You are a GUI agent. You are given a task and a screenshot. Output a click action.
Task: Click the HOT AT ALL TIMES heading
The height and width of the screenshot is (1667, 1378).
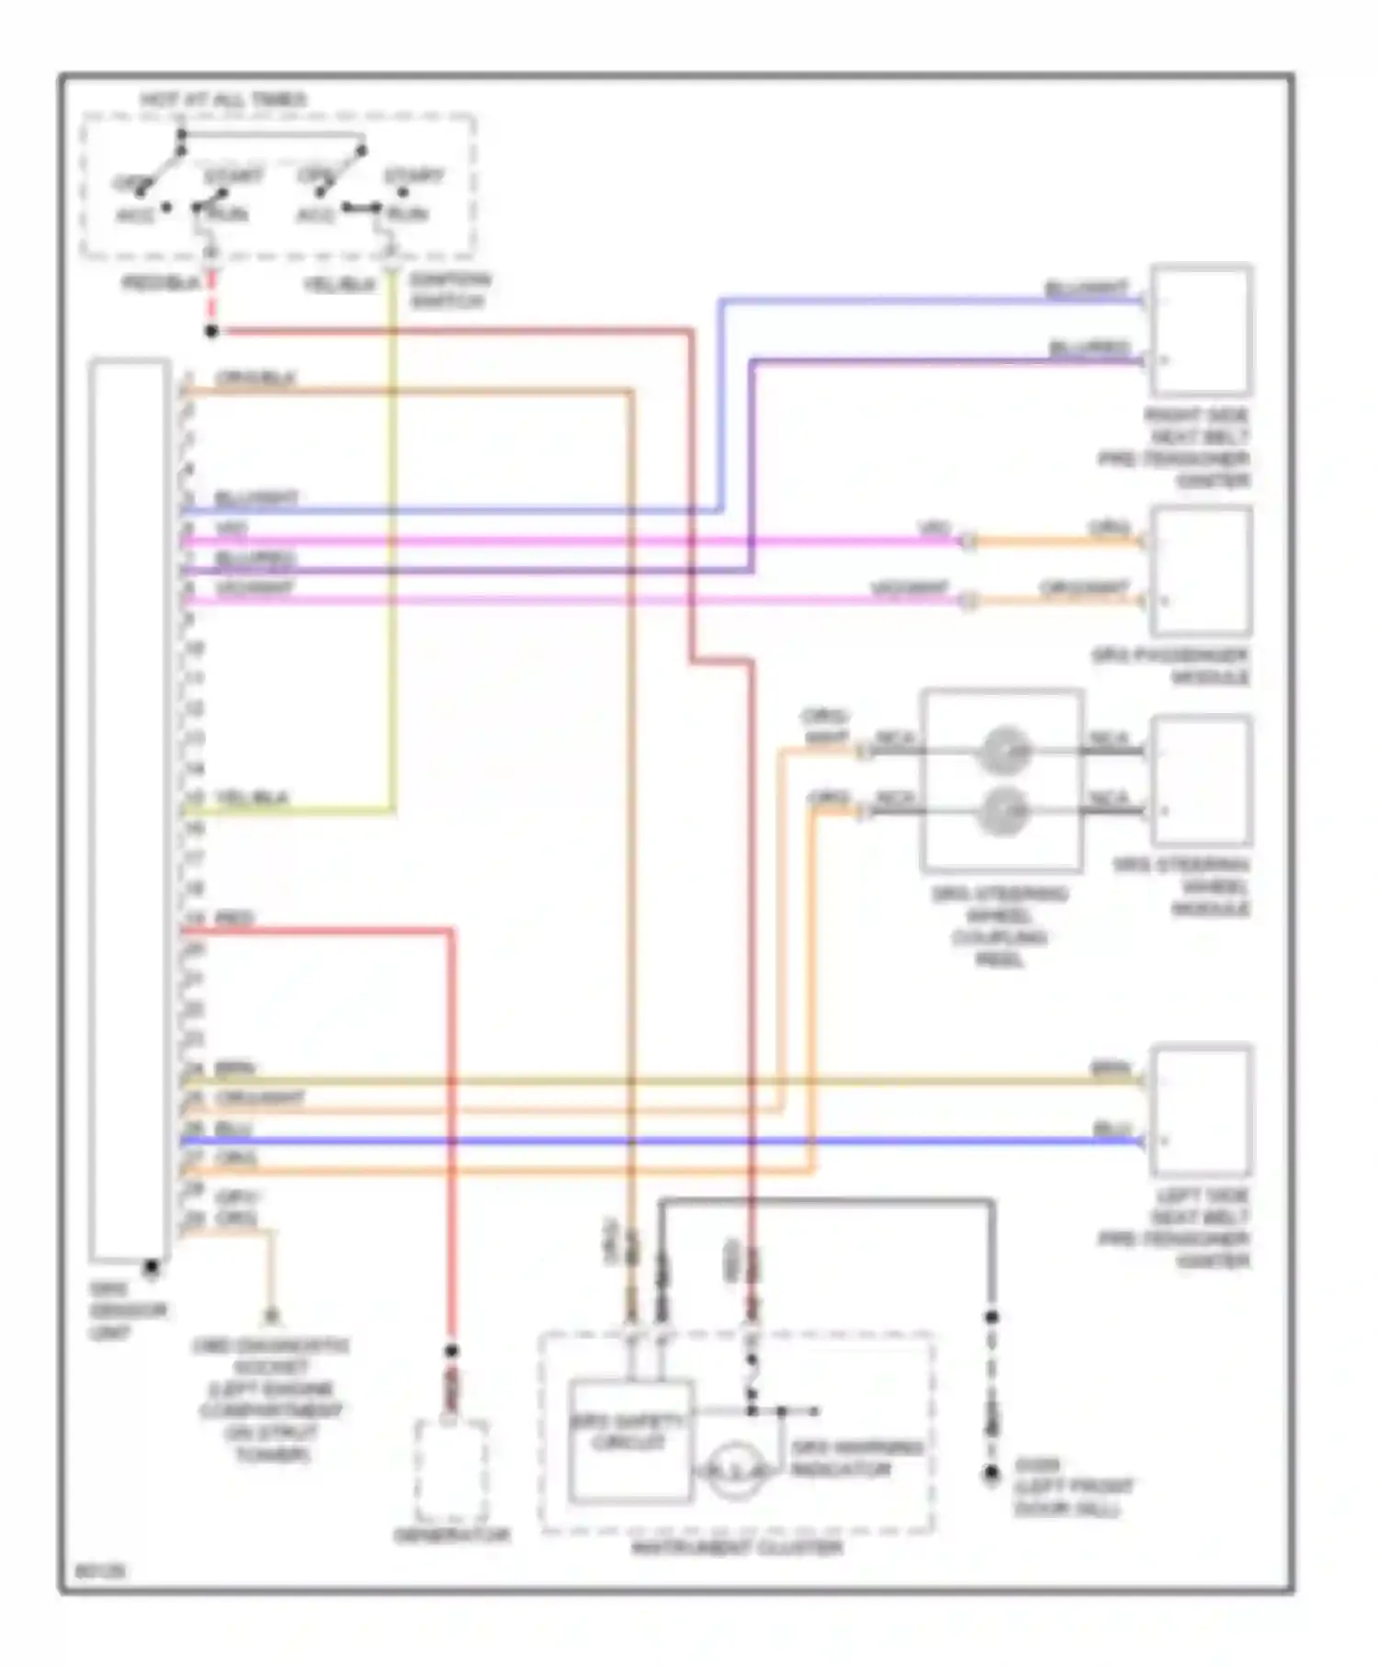click(x=223, y=99)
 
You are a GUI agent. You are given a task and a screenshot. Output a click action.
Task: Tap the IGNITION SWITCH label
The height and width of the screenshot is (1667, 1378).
click(x=449, y=289)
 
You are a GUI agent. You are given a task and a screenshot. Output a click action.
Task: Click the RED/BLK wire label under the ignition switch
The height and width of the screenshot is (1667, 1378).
click(x=160, y=283)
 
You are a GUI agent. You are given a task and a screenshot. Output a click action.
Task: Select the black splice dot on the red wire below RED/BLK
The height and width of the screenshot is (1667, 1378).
click(x=211, y=331)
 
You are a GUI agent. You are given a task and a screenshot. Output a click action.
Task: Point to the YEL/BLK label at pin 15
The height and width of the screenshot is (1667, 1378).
click(x=252, y=797)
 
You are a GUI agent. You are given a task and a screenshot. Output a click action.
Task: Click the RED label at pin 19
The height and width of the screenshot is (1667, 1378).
click(x=234, y=918)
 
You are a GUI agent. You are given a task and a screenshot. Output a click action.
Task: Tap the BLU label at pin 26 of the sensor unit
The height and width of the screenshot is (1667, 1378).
click(x=233, y=1128)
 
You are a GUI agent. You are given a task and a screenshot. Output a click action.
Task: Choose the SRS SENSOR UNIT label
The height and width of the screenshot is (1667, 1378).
click(x=127, y=1311)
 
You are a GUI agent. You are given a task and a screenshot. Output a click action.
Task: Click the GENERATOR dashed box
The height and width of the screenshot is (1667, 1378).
click(x=451, y=1471)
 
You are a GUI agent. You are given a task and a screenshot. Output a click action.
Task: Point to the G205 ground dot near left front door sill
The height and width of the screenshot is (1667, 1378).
click(x=991, y=1474)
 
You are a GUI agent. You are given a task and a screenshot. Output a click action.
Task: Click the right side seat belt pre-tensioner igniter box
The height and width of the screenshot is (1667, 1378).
click(x=1201, y=330)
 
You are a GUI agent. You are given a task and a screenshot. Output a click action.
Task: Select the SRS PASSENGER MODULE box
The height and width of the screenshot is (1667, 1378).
click(x=1201, y=571)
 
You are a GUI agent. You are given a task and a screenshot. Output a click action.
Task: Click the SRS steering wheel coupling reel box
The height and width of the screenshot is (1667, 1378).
click(x=1001, y=779)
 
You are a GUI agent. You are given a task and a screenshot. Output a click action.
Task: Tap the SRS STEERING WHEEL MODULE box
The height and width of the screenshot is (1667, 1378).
click(x=1201, y=780)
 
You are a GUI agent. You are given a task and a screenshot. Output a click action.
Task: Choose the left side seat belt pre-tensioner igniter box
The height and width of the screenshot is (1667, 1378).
click(x=1201, y=1110)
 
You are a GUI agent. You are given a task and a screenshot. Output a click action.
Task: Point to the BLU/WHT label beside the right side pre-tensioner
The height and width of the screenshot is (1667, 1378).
click(x=1086, y=289)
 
